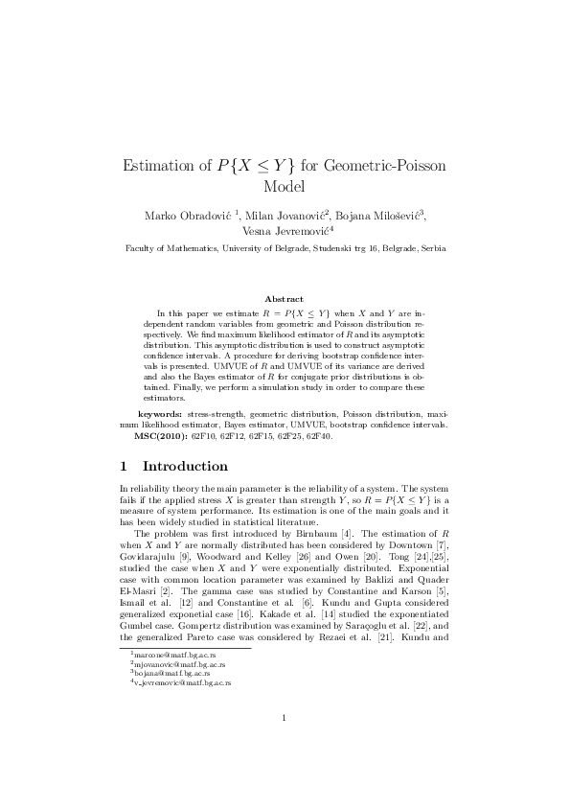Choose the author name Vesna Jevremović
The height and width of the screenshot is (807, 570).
point(285,231)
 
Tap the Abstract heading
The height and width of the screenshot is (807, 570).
point(284,299)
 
